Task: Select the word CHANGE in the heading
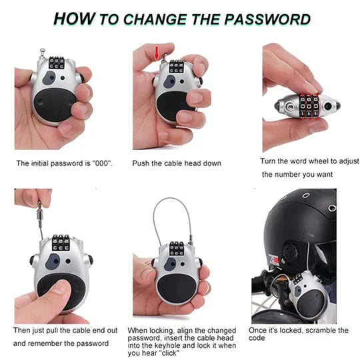[x=163, y=18]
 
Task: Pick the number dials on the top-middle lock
[x=177, y=67]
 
